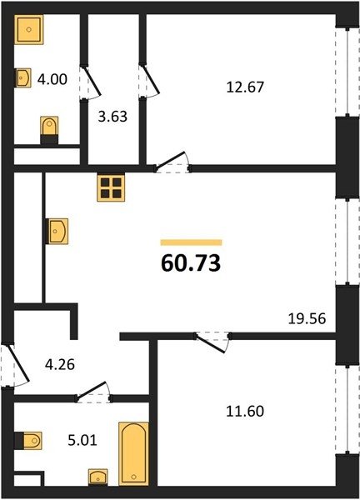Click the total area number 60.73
(191, 263)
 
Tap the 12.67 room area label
(245, 87)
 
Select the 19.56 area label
(307, 318)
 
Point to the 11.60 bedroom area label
(245, 411)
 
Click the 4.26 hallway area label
(60, 364)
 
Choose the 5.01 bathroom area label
(82, 440)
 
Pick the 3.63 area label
(112, 117)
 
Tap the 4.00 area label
(52, 79)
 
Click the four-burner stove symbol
(111, 188)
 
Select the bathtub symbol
(134, 454)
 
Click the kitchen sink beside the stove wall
(57, 231)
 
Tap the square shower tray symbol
(28, 29)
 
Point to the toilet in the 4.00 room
(49, 131)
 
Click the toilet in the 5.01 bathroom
(28, 441)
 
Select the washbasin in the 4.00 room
(23, 77)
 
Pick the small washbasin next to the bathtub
(97, 477)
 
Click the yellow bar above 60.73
(191, 242)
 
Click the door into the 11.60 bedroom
(212, 342)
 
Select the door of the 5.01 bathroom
(93, 392)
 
